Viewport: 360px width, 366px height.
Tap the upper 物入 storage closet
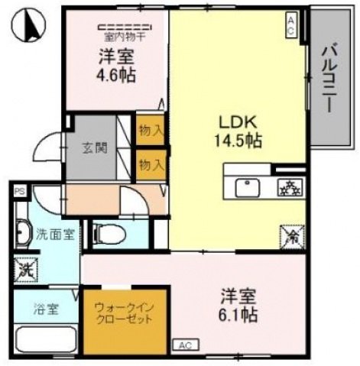click(x=150, y=130)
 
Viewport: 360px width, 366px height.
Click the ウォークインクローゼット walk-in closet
click(x=122, y=314)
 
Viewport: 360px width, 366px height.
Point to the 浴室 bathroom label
click(x=44, y=309)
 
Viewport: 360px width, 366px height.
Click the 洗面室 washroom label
click(x=54, y=234)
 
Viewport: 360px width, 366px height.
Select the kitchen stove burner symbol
click(x=288, y=186)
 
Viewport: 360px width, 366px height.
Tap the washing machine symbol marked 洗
click(x=23, y=269)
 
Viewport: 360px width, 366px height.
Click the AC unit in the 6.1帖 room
click(x=185, y=345)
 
